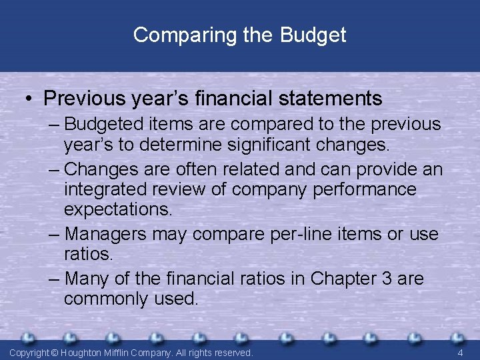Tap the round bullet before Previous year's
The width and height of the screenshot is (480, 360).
30,99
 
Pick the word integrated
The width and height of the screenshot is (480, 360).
104,189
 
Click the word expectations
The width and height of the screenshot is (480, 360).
117,209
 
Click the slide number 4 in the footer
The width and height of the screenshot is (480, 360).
460,352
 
